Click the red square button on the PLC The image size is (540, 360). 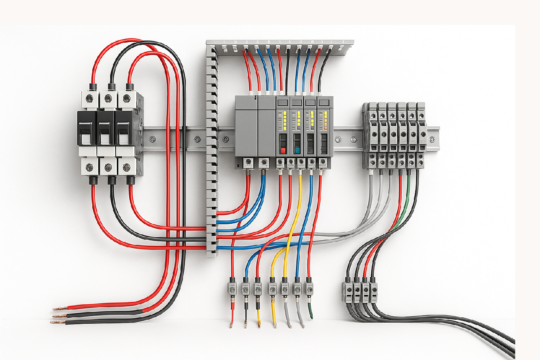[x=283, y=151]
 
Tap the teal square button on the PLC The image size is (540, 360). [x=297, y=151]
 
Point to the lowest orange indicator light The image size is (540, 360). [x=325, y=128]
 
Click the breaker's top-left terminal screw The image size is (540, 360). [x=89, y=98]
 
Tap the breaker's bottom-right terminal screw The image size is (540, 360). [x=126, y=167]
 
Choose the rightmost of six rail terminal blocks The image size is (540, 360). [x=421, y=134]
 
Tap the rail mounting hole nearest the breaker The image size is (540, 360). [x=152, y=140]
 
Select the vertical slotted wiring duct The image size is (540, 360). [x=212, y=155]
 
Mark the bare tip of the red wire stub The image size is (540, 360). [x=231, y=325]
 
